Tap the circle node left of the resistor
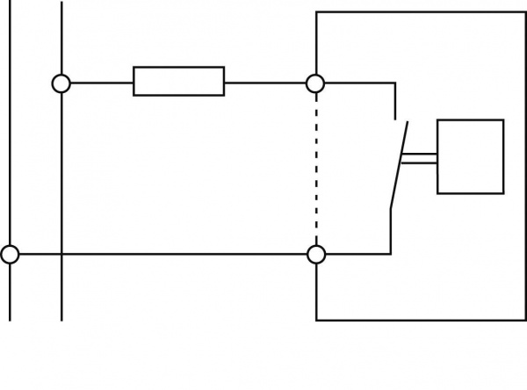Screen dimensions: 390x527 [x=61, y=83]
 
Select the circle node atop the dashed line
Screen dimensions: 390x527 [x=315, y=83]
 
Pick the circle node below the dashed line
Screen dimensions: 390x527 [x=315, y=255]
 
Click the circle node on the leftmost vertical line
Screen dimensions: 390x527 [x=10, y=255]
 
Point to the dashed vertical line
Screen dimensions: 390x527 [x=315, y=167]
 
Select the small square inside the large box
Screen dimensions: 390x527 [x=470, y=156]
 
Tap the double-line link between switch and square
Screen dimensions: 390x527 [x=419, y=158]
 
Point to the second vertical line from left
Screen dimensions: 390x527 [x=61, y=176]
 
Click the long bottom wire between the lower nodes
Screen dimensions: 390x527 [x=184, y=255]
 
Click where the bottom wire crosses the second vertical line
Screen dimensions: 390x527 [x=61, y=255]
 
